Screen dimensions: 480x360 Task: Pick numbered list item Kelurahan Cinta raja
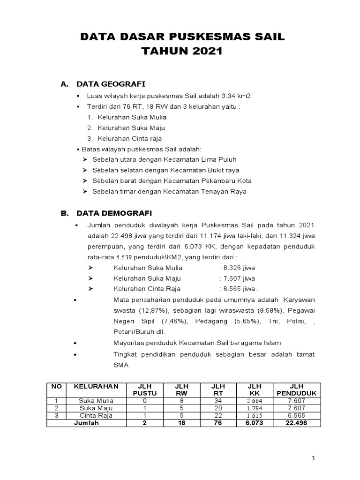131,138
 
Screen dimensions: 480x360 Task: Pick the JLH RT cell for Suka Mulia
217,401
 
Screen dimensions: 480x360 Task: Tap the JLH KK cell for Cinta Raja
254,416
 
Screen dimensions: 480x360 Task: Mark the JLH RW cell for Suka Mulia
181,401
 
